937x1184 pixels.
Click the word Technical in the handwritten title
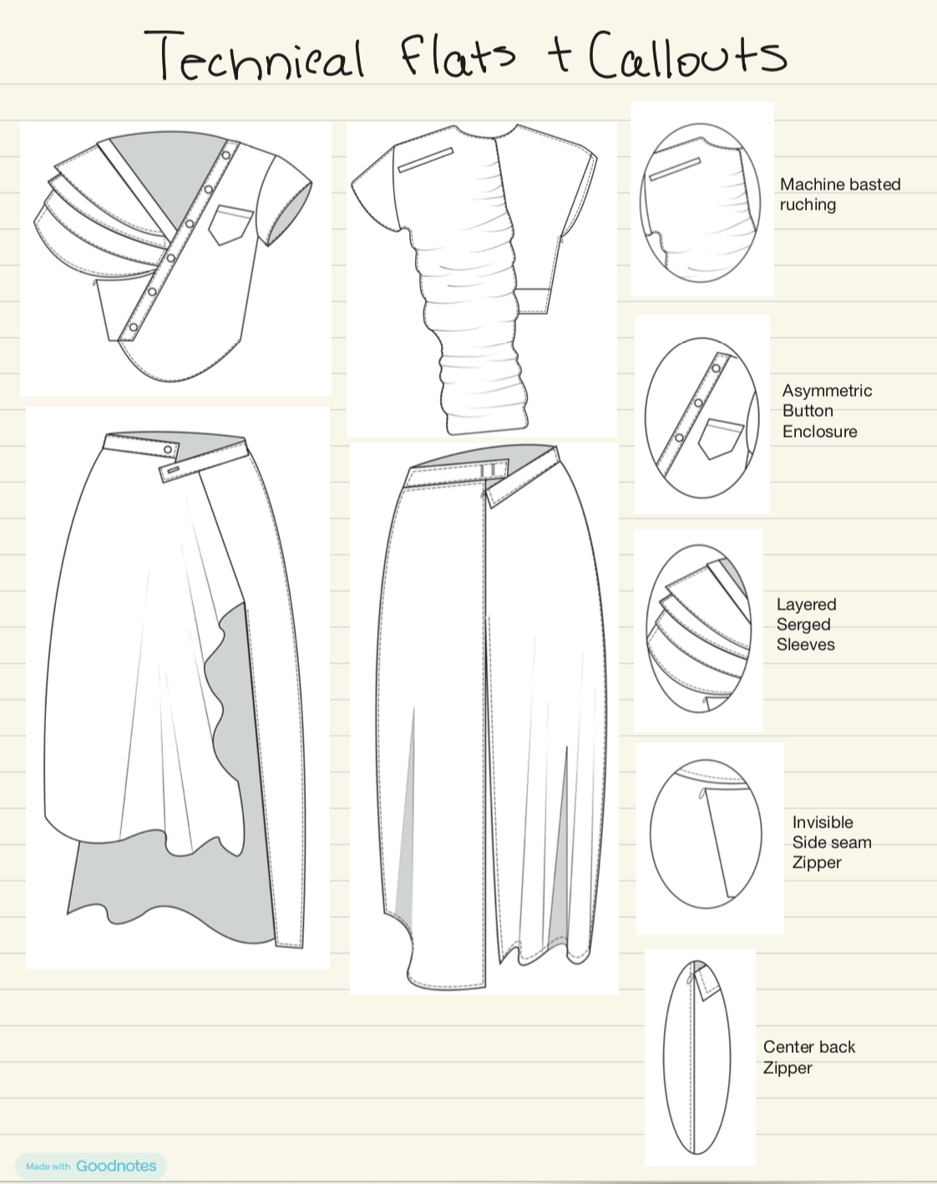pyautogui.click(x=254, y=56)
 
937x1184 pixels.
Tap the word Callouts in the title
pyautogui.click(x=687, y=54)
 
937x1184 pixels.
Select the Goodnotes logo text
pyautogui.click(x=116, y=1166)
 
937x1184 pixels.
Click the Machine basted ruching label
pyautogui.click(x=840, y=195)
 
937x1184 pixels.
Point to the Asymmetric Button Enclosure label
pyautogui.click(x=827, y=411)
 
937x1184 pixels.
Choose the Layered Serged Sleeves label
pyautogui.click(x=806, y=625)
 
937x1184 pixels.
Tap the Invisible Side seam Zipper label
pyautogui.click(x=832, y=842)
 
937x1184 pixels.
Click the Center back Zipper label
pyautogui.click(x=808, y=1057)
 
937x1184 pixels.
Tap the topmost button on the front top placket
pyautogui.click(x=226, y=155)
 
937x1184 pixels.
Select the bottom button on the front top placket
pyautogui.click(x=134, y=327)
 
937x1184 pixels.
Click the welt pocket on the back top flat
pyautogui.click(x=425, y=159)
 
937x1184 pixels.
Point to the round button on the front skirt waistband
pyautogui.click(x=168, y=450)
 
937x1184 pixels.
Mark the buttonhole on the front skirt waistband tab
pyautogui.click(x=174, y=469)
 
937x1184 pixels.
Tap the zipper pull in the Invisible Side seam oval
pyautogui.click(x=702, y=794)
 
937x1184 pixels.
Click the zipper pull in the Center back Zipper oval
pyautogui.click(x=690, y=978)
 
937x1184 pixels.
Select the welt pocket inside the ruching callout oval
pyautogui.click(x=675, y=170)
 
